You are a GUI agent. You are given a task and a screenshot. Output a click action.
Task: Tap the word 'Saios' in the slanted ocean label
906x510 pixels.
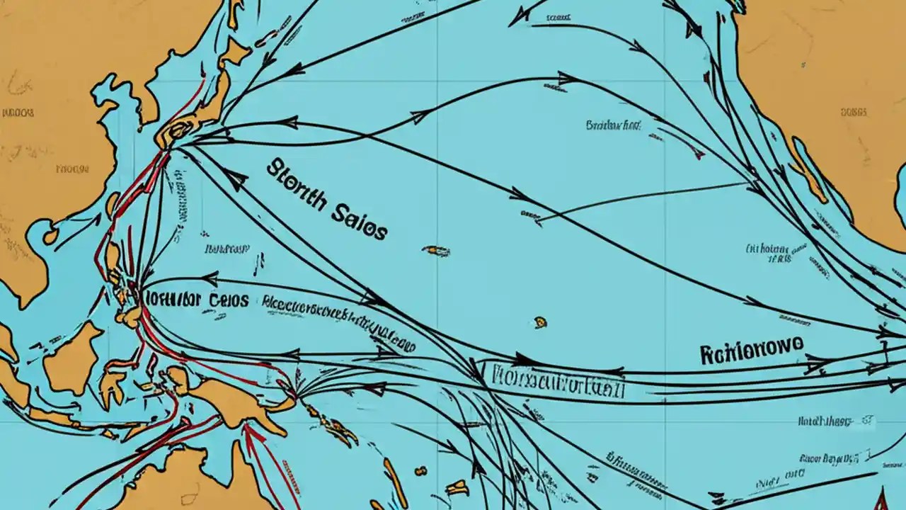(x=360, y=221)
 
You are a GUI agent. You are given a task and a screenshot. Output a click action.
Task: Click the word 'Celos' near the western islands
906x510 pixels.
(x=228, y=300)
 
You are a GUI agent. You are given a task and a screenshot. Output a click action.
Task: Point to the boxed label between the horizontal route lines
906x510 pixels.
(x=549, y=374)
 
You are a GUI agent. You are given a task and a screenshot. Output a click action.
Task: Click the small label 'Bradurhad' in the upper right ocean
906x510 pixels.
(x=613, y=125)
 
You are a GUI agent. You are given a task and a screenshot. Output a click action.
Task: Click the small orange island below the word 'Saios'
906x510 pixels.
(x=437, y=251)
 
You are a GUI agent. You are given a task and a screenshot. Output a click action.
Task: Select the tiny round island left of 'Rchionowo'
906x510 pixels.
(x=541, y=322)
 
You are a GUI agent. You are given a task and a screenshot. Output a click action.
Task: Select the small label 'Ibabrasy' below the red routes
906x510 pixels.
(x=226, y=249)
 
